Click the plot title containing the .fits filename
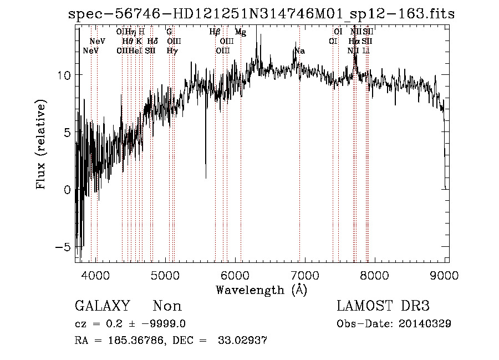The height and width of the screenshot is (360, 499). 261,14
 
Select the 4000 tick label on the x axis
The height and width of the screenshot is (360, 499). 96,275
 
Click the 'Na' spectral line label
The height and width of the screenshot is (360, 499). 299,51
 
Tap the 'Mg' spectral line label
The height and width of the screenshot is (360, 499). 241,32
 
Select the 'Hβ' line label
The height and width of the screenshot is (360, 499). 215,32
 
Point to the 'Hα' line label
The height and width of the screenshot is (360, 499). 354,42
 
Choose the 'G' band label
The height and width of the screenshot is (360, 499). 169,32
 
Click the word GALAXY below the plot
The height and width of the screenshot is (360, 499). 103,306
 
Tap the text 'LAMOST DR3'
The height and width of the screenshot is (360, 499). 383,306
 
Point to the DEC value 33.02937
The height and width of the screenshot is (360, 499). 244,340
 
